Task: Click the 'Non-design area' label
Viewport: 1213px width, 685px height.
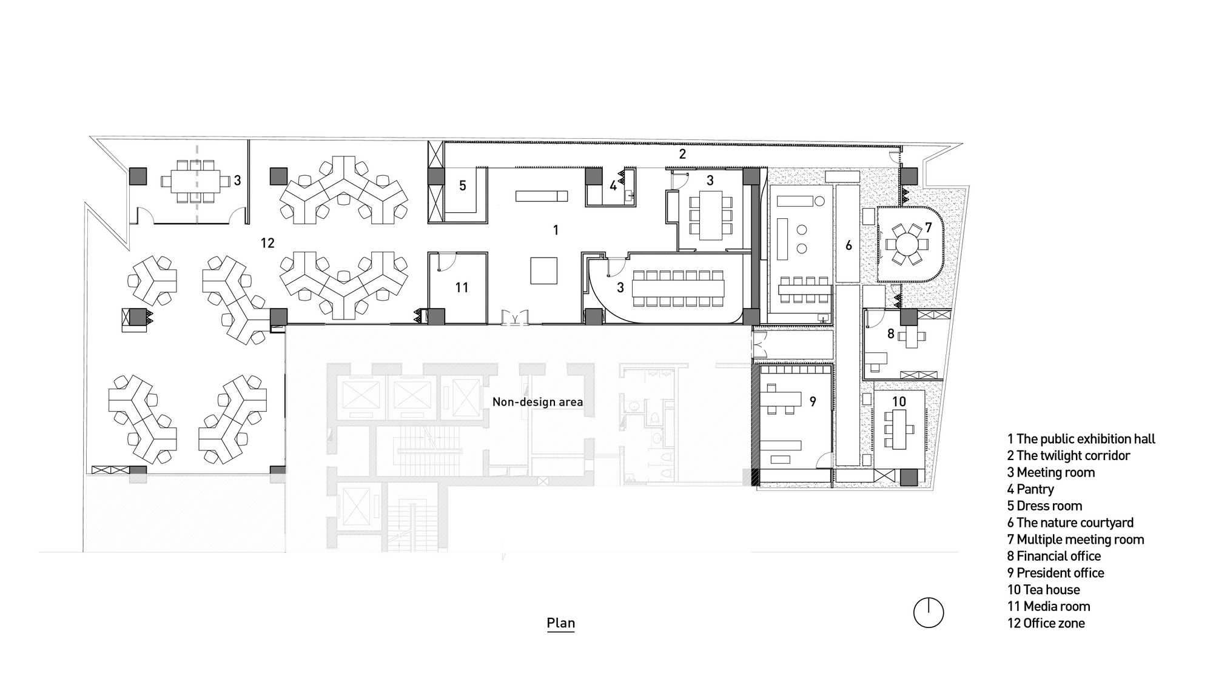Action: [537, 402]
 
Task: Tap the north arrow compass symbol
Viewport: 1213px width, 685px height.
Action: [928, 612]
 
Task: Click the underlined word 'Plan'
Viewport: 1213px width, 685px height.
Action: [560, 623]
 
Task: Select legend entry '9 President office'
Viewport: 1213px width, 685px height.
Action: [1055, 573]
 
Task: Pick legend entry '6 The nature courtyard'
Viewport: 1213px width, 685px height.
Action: [1070, 523]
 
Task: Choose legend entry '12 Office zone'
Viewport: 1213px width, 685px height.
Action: [1046, 623]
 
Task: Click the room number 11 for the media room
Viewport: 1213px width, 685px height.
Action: [462, 287]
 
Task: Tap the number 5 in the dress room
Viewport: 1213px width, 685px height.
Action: [462, 185]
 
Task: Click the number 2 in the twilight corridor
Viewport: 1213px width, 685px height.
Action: [682, 154]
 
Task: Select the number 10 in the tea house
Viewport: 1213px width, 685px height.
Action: [899, 401]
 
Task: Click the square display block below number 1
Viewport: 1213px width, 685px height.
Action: [543, 270]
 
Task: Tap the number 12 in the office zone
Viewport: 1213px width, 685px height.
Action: [267, 243]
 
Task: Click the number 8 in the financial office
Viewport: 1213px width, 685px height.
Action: [890, 333]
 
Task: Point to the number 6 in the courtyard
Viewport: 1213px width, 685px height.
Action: [848, 246]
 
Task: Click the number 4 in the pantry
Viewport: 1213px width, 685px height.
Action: [613, 186]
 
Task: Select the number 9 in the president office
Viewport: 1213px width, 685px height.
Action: [813, 401]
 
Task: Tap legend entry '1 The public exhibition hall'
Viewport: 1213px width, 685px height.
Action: [1081, 439]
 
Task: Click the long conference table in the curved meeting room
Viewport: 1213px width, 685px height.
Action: [677, 288]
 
